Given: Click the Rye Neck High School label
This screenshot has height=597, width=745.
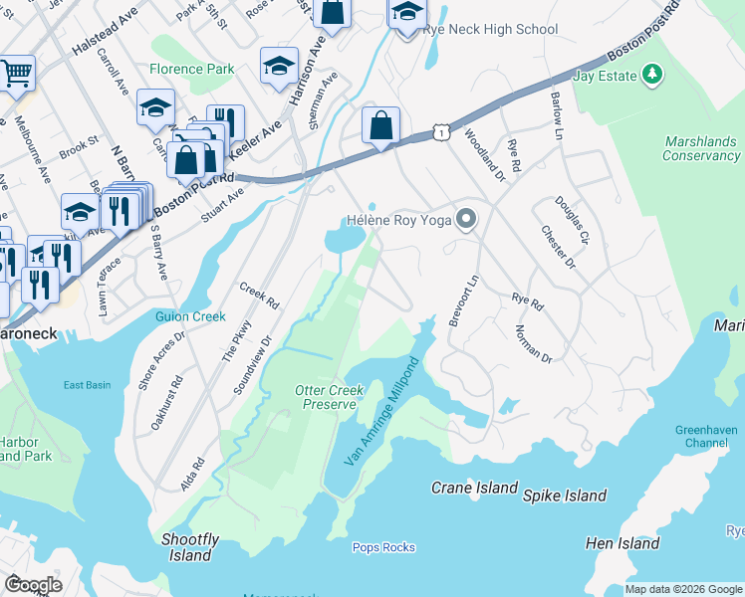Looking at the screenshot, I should (490, 29).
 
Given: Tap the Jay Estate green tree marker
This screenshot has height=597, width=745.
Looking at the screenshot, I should (652, 74).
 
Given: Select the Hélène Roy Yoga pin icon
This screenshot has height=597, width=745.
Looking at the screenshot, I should (465, 220).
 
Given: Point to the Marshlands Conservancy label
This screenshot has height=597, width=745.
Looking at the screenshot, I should (701, 148).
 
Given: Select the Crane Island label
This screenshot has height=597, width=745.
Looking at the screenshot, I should (474, 488).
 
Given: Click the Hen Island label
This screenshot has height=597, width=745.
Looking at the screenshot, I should (622, 543).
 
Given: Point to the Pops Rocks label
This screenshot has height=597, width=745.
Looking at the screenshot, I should (383, 547).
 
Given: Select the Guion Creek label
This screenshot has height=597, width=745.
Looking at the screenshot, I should (191, 316).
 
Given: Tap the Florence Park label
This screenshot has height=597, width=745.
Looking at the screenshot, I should (192, 70).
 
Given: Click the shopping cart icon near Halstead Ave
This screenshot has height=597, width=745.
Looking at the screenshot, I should (15, 72).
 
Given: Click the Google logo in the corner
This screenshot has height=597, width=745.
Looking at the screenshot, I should (33, 584).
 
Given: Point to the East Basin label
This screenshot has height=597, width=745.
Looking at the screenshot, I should (87, 385).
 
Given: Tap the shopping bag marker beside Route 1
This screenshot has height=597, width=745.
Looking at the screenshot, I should (380, 126).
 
